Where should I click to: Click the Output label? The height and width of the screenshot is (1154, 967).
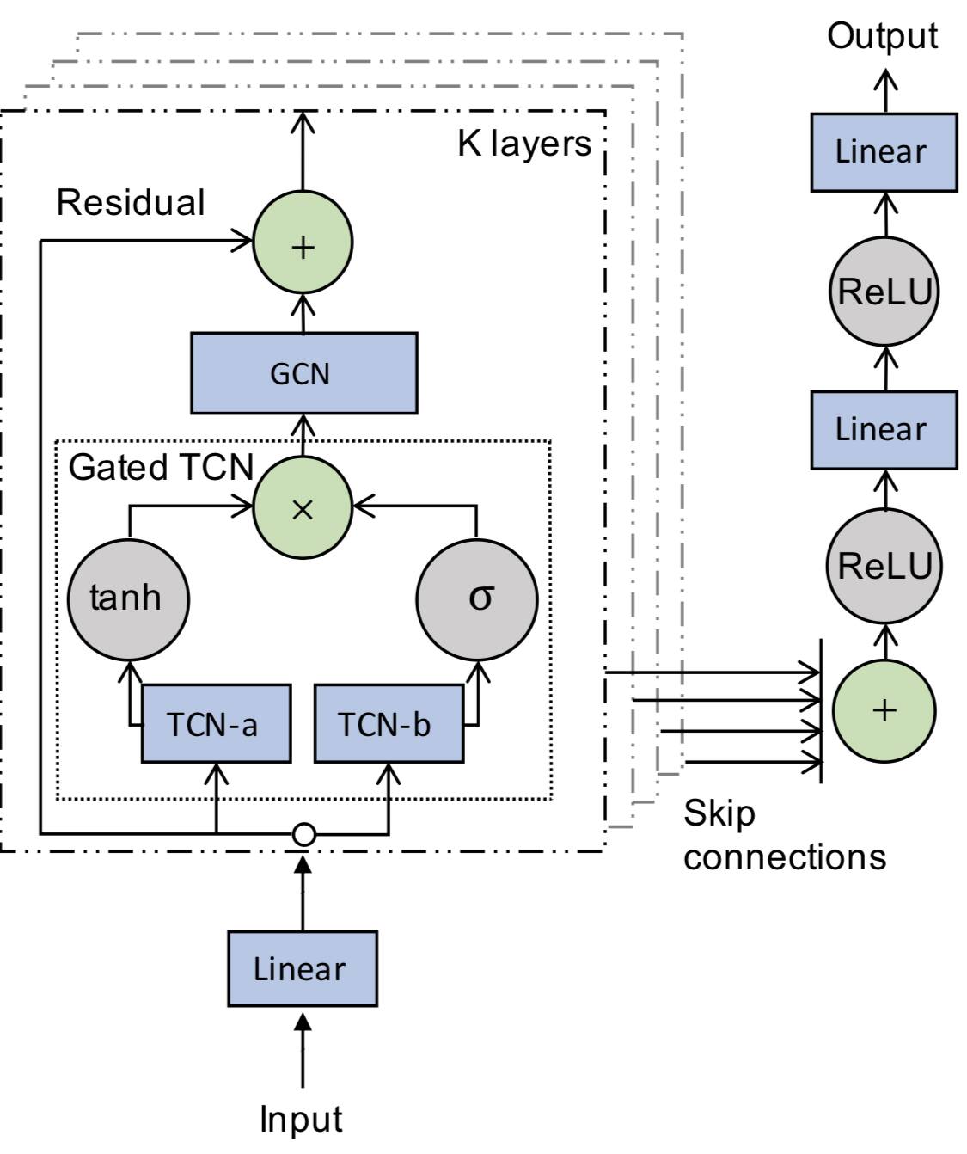[x=882, y=37]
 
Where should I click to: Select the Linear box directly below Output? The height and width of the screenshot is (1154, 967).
[x=884, y=152]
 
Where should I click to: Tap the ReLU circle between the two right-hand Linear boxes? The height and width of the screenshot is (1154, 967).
[x=884, y=292]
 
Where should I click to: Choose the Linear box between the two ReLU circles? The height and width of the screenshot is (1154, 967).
[x=884, y=430]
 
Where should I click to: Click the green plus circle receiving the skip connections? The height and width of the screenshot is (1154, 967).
[x=884, y=710]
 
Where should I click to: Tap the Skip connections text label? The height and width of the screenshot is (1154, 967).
[x=783, y=835]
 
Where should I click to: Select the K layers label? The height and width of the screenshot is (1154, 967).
[x=524, y=144]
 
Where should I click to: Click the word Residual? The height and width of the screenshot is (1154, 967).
[x=131, y=203]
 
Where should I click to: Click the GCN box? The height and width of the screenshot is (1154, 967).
[x=303, y=373]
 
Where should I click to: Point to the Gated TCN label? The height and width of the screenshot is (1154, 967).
[x=161, y=467]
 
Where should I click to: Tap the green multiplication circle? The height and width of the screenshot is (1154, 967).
[x=302, y=508]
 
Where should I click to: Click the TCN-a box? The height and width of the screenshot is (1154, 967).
[x=215, y=724]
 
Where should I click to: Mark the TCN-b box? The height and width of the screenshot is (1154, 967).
[x=389, y=724]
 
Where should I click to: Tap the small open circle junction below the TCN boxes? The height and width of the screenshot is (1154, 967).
[x=303, y=834]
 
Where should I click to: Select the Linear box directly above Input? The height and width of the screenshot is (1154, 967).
[x=302, y=968]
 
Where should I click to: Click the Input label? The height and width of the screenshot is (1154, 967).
[x=301, y=1119]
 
